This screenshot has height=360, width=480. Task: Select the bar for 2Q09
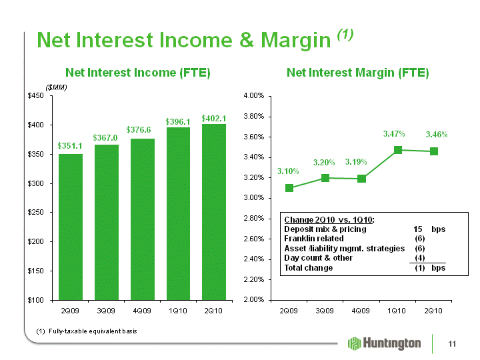(x=71, y=227)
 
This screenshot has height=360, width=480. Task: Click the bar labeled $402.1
(x=214, y=212)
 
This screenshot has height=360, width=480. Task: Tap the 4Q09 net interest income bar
(x=143, y=219)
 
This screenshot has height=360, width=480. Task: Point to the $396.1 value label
(x=178, y=122)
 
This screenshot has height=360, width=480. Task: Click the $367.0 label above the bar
(x=105, y=138)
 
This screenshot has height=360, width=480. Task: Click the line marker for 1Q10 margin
(x=397, y=150)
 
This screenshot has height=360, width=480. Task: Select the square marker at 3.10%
(x=289, y=188)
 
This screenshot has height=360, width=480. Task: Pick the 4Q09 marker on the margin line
(x=361, y=179)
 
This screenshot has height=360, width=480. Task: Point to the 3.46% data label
(x=437, y=135)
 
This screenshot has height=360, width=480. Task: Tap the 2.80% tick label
(x=254, y=218)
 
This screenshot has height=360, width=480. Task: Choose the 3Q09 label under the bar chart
(x=106, y=311)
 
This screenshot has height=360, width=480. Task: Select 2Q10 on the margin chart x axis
(x=433, y=311)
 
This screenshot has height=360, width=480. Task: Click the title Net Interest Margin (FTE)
(x=357, y=73)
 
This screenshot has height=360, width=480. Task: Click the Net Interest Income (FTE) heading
(x=138, y=73)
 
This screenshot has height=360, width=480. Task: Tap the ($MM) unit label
(x=56, y=87)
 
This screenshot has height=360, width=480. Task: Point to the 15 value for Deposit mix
(x=417, y=229)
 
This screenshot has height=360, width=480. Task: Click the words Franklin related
(x=314, y=239)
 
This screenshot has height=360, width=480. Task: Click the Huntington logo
(x=385, y=343)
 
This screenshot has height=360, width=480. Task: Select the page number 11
(x=452, y=344)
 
